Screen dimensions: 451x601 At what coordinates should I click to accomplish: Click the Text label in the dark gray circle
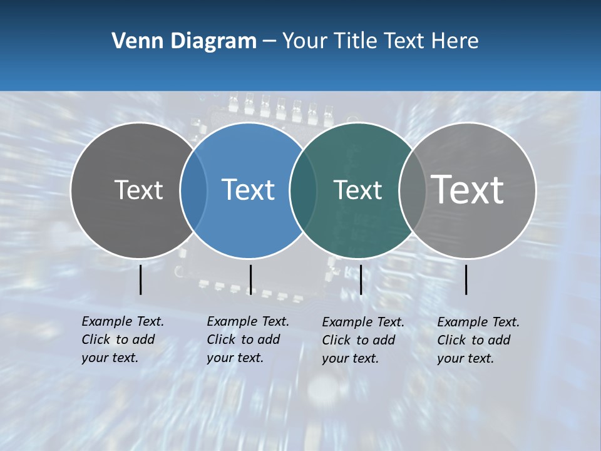coord(138,190)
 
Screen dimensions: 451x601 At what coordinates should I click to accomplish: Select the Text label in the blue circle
coord(248,190)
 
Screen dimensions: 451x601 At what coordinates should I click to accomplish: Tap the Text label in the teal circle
coord(357,190)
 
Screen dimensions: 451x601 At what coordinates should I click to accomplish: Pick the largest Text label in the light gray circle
coord(468,189)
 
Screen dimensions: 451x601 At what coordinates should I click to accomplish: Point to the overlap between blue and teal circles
coord(303,190)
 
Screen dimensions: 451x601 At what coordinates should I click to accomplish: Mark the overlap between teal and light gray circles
coord(413,190)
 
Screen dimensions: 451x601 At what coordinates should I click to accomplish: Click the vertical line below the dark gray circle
coord(141,279)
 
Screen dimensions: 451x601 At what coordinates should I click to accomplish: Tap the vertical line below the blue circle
coord(250,279)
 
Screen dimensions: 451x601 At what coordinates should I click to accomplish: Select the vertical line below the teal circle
coord(361,279)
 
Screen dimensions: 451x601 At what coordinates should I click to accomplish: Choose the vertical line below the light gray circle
coord(466,279)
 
